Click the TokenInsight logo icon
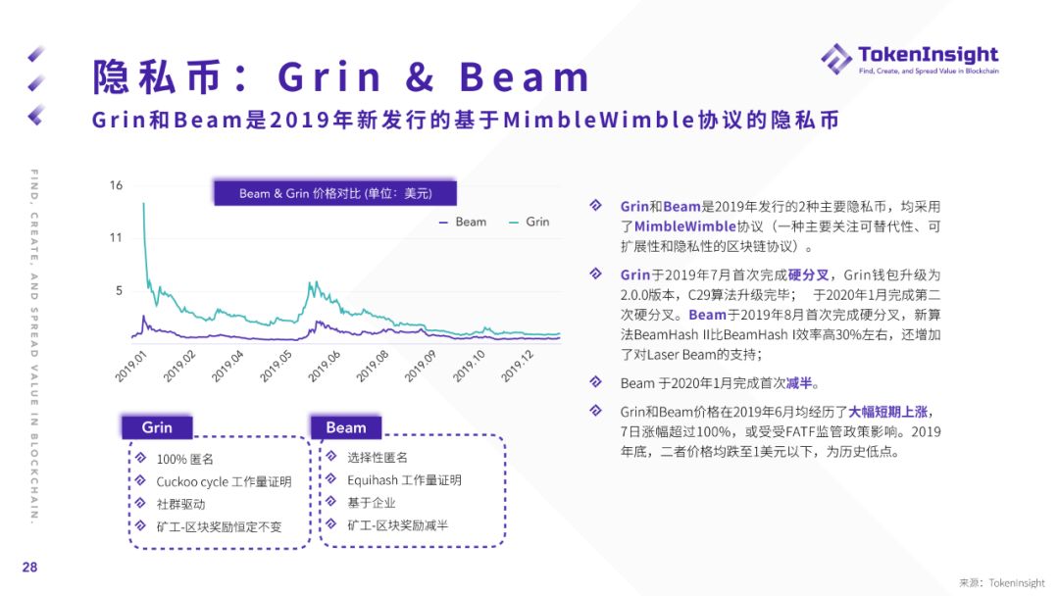pos(836,59)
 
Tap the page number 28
pos(29,567)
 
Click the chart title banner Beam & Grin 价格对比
pos(335,193)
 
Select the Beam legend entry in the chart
pos(463,222)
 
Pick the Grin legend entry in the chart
pos(529,222)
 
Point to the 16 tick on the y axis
pos(116,185)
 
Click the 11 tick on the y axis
pos(116,237)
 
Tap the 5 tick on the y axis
pos(119,290)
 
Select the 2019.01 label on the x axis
pos(130,367)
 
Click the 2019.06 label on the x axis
pos(325,367)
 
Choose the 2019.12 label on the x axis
pos(518,367)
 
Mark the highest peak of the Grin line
pos(143,203)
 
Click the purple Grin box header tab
pos(157,427)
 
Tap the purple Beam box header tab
pos(346,427)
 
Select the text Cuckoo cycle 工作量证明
pos(225,482)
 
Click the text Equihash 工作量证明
pos(405,480)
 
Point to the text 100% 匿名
pos(185,459)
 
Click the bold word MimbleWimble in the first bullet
pos(684,226)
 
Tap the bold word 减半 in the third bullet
pos(799,383)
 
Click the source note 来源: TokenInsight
pos(1002,582)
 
